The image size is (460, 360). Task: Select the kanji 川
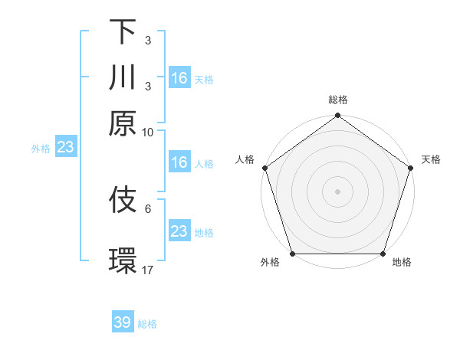[123, 77]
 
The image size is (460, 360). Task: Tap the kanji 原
[123, 123]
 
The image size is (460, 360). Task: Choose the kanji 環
[123, 260]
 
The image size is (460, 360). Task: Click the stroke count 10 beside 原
[148, 132]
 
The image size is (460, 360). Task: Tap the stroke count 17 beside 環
[148, 270]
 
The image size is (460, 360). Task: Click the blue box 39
[123, 322]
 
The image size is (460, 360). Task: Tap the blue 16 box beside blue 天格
[179, 78]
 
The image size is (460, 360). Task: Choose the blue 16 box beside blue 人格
[179, 162]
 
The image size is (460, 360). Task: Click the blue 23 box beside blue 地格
[179, 231]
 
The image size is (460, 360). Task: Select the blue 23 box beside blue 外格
[65, 147]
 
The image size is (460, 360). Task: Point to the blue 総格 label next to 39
[147, 324]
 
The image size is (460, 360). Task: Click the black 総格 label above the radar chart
[337, 100]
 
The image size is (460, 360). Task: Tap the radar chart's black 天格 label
[431, 159]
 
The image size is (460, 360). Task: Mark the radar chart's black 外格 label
[270, 263]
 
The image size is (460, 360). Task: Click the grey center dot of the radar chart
[337, 191]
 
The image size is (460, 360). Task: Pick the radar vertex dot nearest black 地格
[383, 254]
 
